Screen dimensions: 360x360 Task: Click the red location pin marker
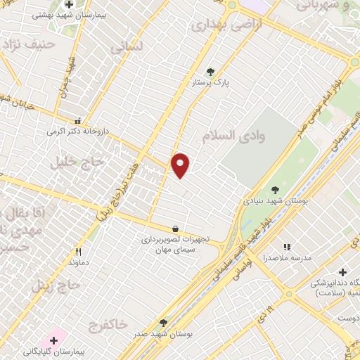coord(181,165)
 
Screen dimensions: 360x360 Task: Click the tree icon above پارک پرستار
coord(210,71)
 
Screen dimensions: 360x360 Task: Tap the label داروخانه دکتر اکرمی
coord(70,131)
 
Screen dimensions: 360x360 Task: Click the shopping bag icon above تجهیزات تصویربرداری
coord(175,229)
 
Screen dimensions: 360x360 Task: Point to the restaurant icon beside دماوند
coord(79,252)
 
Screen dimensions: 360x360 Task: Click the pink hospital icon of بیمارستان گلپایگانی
coord(54,340)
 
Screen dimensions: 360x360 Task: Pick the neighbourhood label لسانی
coord(126,47)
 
